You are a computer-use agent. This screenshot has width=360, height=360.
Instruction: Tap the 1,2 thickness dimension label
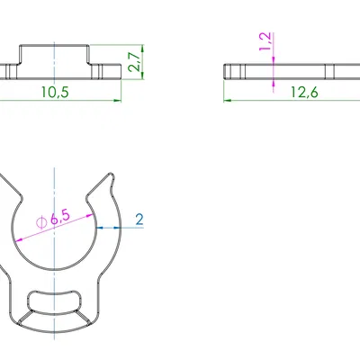[x=264, y=42]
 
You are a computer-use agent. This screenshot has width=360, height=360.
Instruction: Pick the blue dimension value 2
[x=139, y=219]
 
